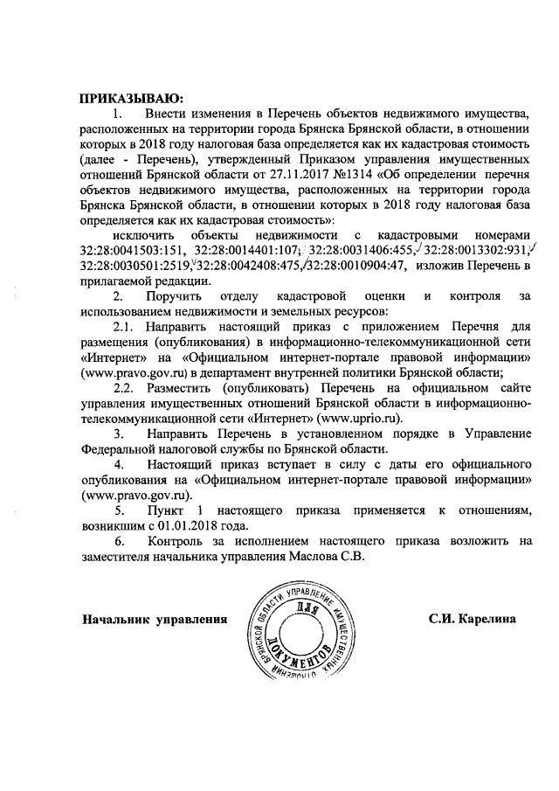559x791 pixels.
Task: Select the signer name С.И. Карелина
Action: (472, 619)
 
